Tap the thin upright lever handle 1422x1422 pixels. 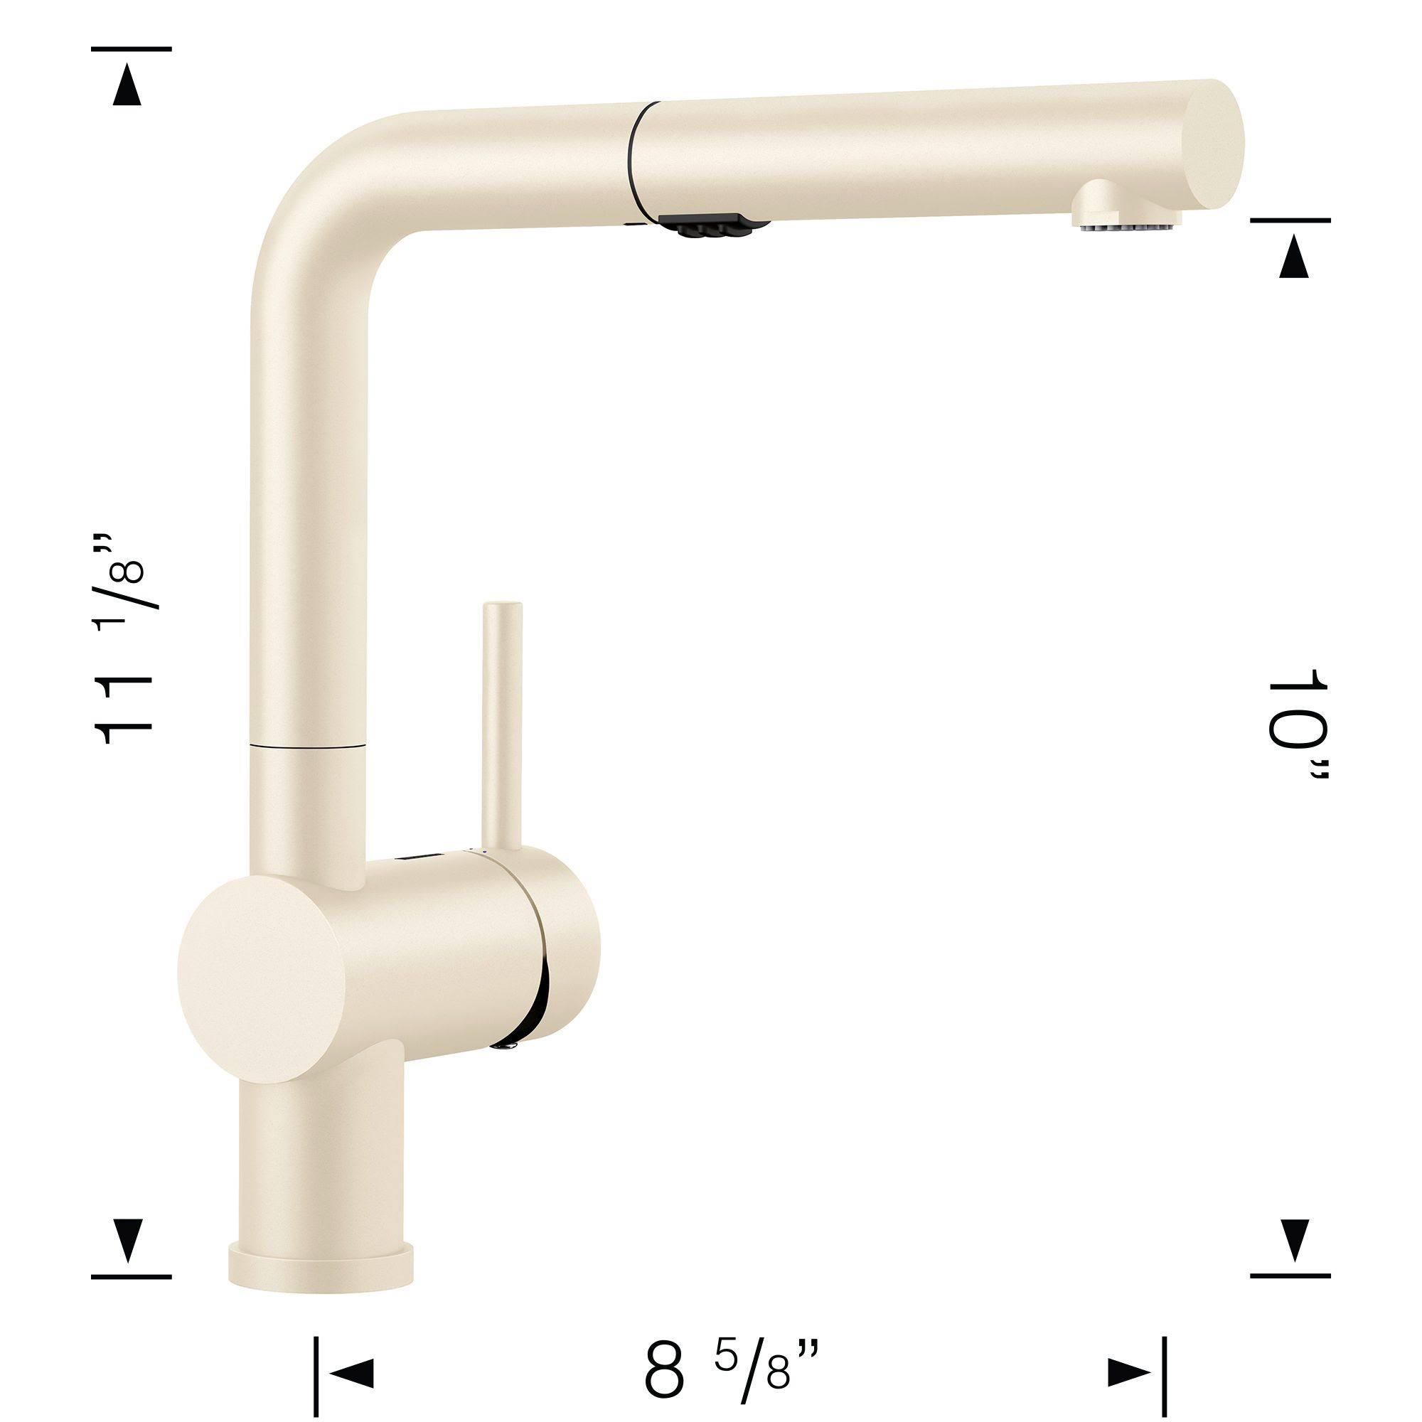click(x=501, y=726)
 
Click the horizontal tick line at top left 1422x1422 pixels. click(x=131, y=48)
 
